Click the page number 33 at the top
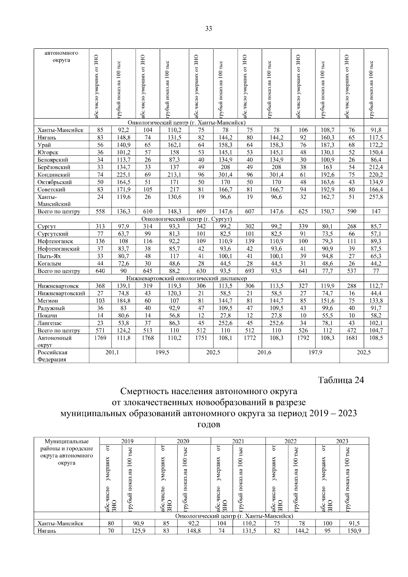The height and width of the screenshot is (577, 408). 208,29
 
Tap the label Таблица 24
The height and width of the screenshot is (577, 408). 341,380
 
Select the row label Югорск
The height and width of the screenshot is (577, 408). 48,152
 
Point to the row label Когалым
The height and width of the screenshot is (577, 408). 50,264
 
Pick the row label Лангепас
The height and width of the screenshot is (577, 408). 50,323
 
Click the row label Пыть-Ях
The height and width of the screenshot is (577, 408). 49,256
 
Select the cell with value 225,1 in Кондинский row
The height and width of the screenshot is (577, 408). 123,174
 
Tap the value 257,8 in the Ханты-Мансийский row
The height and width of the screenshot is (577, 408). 376,197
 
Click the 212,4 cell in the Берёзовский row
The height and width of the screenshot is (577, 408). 376,167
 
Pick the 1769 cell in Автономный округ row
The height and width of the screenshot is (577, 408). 100,338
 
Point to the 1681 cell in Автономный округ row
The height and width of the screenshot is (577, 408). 352,338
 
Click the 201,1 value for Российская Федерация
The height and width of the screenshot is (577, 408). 112,353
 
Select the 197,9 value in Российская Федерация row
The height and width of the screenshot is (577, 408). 315,353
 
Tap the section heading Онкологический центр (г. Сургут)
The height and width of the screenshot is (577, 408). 187,219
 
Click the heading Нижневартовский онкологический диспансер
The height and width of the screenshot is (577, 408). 187,278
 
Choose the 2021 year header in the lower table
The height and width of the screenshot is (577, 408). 238,441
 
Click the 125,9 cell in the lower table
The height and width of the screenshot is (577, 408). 138,531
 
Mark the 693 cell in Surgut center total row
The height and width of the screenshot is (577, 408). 250,271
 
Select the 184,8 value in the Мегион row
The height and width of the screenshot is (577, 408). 123,301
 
